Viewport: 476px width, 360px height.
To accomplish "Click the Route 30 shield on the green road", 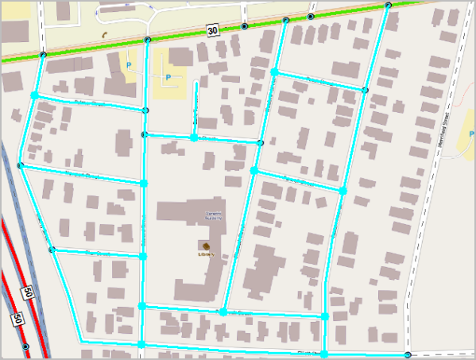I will (211, 30).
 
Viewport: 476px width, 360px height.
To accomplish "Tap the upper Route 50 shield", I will (28, 292).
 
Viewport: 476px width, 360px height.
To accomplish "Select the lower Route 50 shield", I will (15, 319).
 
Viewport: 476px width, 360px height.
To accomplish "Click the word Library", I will (206, 254).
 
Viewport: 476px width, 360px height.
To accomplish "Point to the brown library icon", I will (206, 245).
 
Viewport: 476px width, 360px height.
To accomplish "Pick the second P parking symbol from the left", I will (168, 77).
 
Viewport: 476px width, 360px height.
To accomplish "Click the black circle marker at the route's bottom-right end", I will (408, 354).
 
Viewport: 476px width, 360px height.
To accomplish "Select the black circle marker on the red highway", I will (26, 347).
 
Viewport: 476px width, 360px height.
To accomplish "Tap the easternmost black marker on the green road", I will (388, 6).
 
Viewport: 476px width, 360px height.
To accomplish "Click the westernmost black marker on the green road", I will (43, 55).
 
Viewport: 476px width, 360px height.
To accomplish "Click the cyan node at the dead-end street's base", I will (193, 137).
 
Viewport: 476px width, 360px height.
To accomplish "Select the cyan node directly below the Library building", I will (223, 312).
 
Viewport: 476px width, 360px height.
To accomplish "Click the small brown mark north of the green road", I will (105, 35).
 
